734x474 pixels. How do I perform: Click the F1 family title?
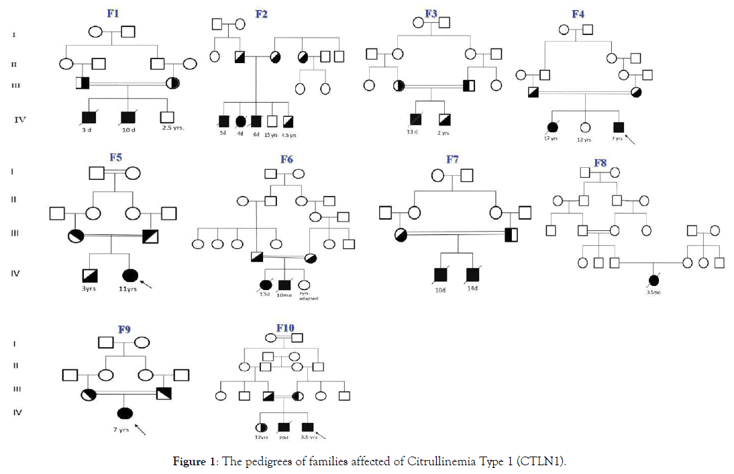coord(113,13)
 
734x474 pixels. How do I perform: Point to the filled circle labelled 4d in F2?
coord(241,122)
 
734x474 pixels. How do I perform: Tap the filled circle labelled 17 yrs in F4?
coord(553,127)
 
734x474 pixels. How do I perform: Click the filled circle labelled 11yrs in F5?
coord(131,275)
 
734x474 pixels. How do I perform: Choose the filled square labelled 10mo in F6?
coord(284,285)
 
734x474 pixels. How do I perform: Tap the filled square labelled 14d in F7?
coord(472,274)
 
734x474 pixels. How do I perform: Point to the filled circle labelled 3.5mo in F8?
coord(653,281)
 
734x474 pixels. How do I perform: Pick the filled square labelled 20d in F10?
coord(284,426)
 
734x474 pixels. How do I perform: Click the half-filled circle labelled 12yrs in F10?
coord(260,426)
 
